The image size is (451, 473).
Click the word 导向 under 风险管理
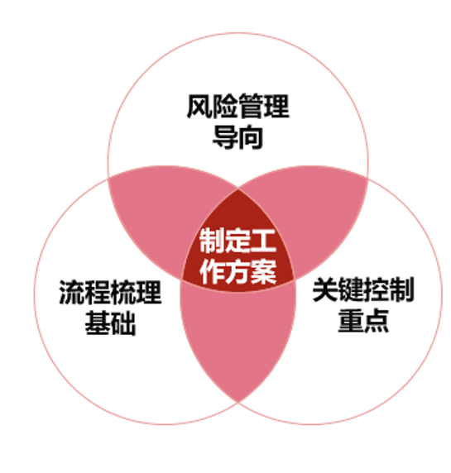[x=237, y=137]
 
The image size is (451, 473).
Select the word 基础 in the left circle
[x=110, y=323]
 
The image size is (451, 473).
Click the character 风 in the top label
[x=199, y=106]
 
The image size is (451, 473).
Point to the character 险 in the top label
[x=225, y=106]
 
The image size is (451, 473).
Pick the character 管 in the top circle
[x=251, y=106]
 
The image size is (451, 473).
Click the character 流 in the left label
[x=72, y=292]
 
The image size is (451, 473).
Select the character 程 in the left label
[x=98, y=292]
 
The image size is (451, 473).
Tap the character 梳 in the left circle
[x=123, y=292]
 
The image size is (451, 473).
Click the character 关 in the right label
[x=325, y=289]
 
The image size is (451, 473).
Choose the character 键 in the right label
[x=351, y=289]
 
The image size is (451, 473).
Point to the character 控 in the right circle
[x=377, y=289]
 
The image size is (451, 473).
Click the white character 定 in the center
[x=237, y=241]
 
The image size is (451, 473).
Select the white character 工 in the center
[x=263, y=241]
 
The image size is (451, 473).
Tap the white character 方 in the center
[x=237, y=271]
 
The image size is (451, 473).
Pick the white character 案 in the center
[x=263, y=271]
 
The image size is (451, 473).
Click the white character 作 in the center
[x=212, y=271]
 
